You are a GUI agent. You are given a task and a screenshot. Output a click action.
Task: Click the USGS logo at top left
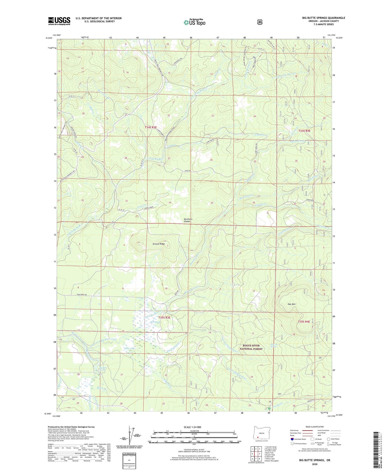point(59,21)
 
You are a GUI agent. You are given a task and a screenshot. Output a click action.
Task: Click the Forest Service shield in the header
point(260,22)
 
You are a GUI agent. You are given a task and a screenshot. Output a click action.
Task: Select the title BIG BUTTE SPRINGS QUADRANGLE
point(324,18)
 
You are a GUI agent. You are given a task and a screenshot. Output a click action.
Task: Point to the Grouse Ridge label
point(158,244)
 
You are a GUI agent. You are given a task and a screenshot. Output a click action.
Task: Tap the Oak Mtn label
point(291,304)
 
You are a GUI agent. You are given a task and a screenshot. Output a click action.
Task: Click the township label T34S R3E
point(151,127)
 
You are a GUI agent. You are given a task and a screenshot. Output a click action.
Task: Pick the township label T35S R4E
point(304,321)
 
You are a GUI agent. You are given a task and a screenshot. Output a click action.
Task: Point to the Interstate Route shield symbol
point(292,439)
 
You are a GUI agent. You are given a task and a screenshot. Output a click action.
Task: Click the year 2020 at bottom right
point(315,464)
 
